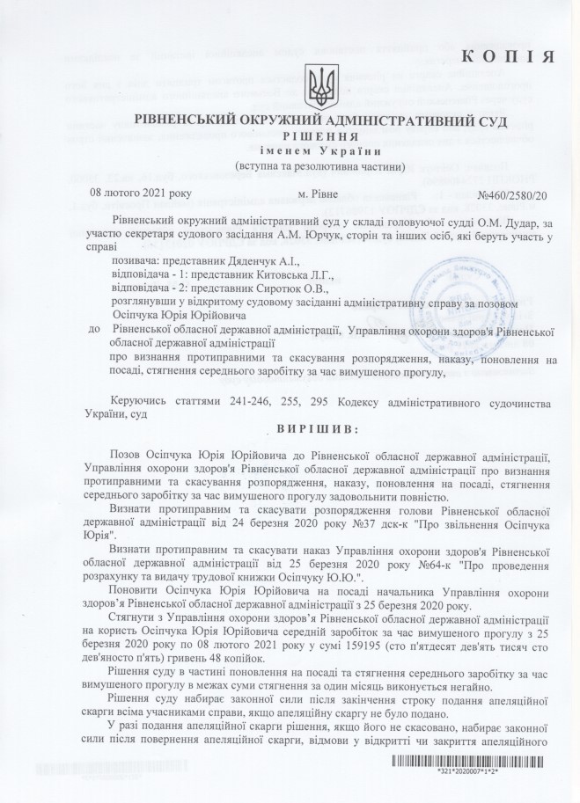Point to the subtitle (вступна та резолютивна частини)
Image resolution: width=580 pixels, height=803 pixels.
point(320,166)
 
